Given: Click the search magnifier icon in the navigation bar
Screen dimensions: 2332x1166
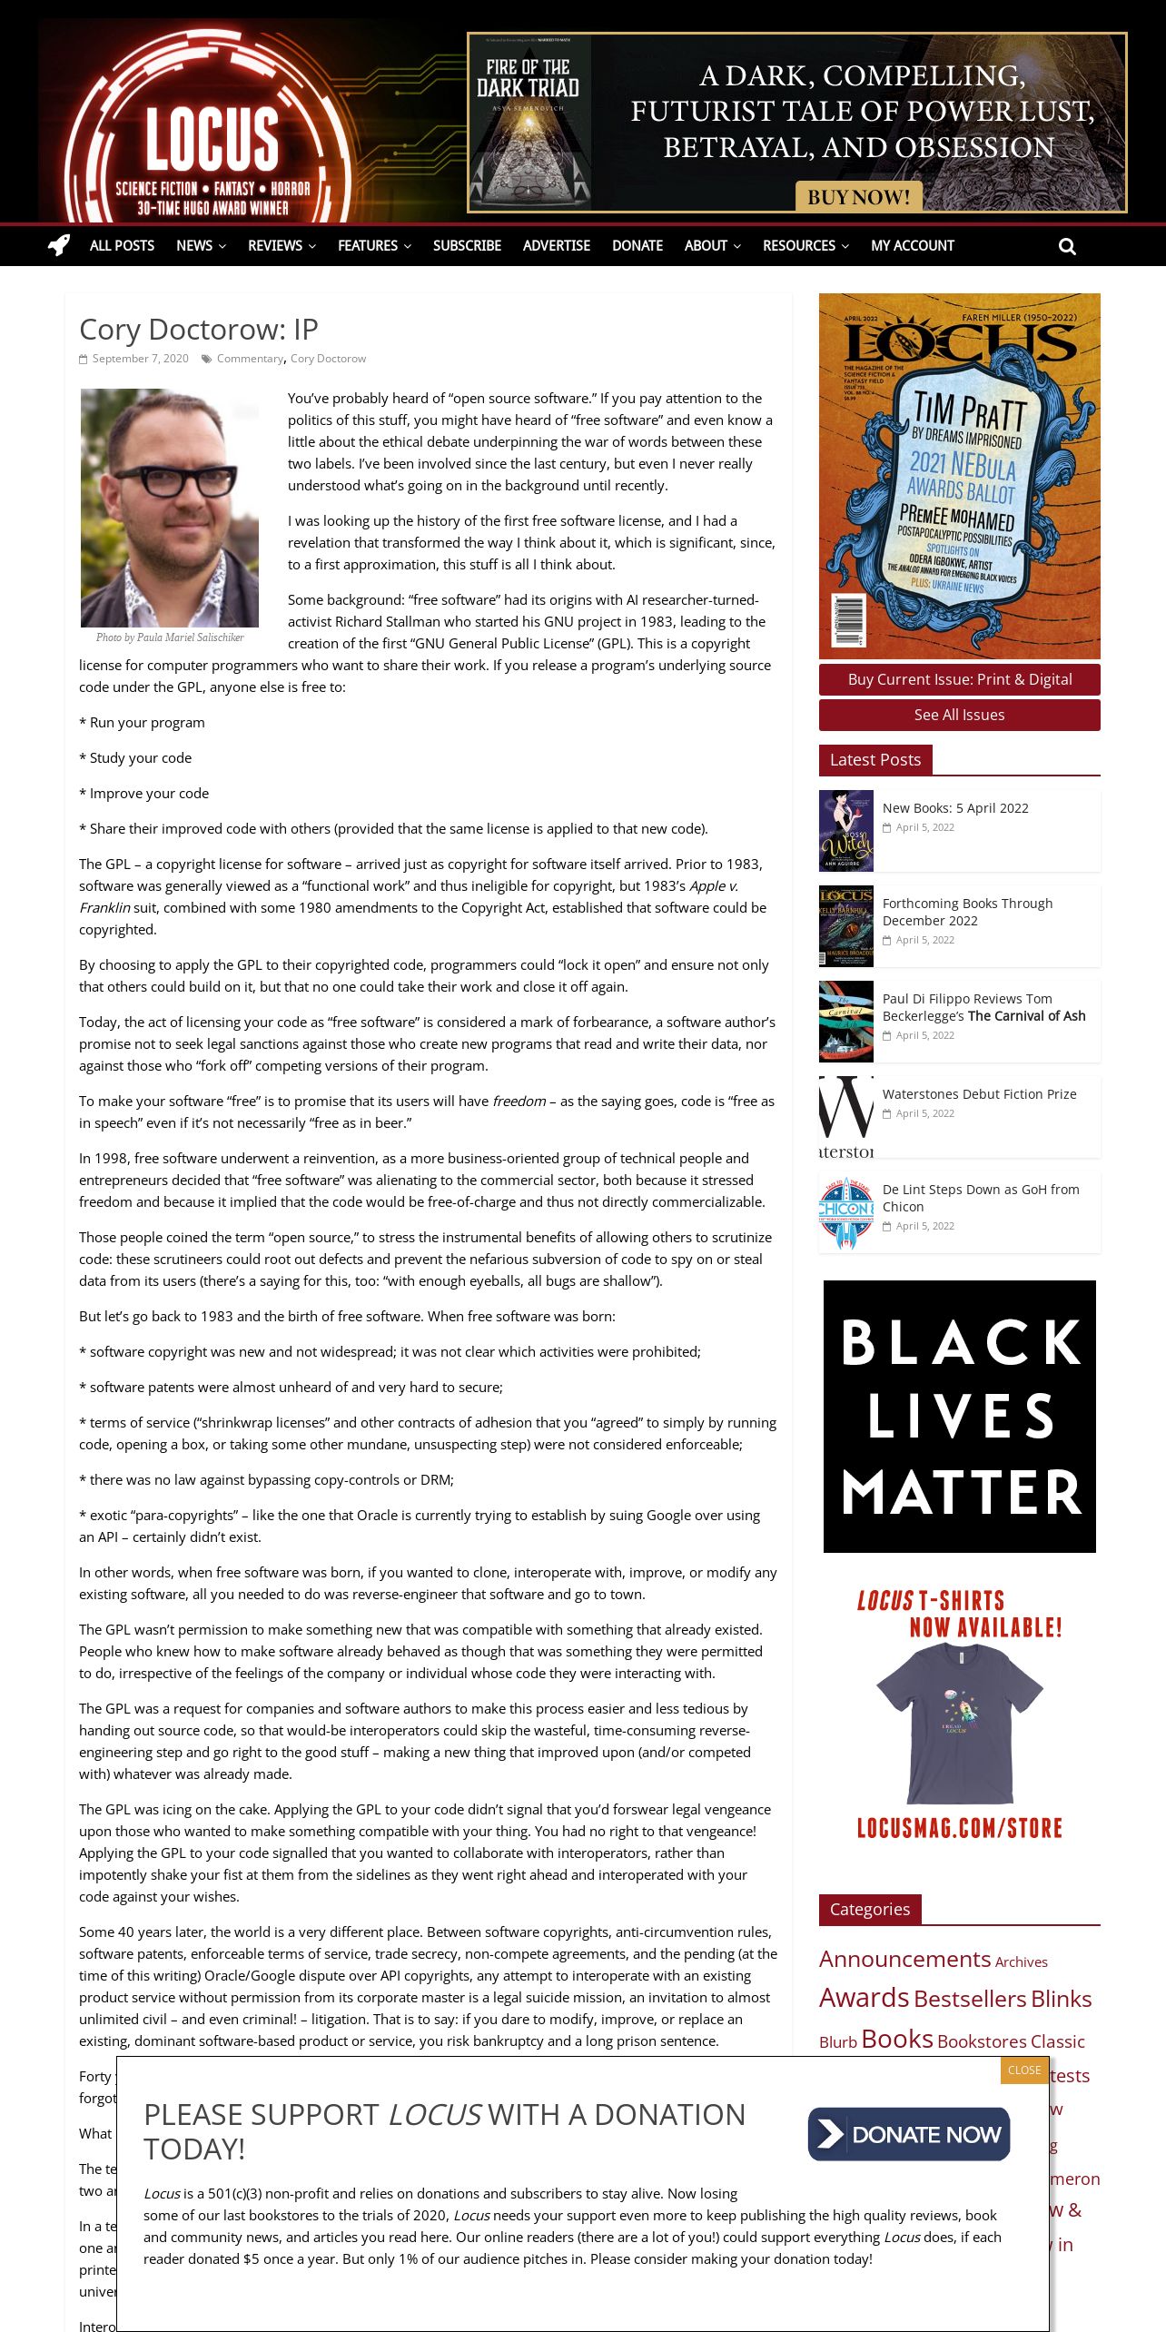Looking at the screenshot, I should pos(1067,246).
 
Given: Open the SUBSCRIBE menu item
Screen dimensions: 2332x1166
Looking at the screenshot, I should pos(467,245).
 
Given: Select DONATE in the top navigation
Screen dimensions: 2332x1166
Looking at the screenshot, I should pos(637,245).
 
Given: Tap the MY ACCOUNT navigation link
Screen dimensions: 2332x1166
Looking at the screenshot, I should pos(912,245).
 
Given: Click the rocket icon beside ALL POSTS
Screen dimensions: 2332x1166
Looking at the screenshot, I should pos(59,245).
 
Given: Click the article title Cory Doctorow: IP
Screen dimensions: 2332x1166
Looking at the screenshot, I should pos(198,329).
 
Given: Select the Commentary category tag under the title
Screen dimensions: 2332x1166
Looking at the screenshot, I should pos(250,359).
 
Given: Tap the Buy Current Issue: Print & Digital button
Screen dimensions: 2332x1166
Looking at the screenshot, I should pos(959,679).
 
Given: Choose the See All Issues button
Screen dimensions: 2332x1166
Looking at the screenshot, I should pos(959,715).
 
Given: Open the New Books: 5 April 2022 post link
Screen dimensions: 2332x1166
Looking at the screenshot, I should pos(955,808).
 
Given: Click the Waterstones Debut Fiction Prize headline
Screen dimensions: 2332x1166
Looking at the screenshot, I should pos(979,1094).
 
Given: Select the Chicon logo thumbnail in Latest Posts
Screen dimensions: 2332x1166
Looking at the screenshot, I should pos(845,1212).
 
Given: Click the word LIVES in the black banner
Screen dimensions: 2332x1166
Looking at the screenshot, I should pos(960,1417).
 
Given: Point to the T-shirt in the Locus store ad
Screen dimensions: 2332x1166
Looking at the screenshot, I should pos(959,1721).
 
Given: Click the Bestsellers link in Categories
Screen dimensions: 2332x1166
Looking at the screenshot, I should pos(970,1999).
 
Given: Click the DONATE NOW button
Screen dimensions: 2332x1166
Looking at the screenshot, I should pos(909,2134).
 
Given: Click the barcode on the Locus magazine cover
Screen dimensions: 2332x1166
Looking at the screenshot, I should pos(848,620).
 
